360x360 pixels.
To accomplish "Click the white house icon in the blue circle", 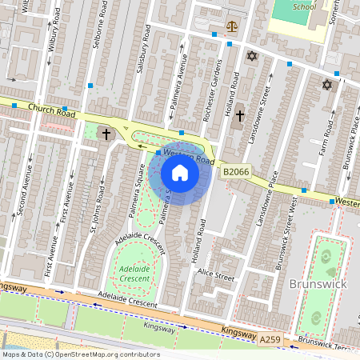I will (180, 173).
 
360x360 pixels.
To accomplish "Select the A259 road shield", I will (270, 341).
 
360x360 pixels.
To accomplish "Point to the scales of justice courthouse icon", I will (232, 26).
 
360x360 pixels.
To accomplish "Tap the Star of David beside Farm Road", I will (326, 85).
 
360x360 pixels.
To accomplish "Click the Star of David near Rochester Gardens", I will (253, 56).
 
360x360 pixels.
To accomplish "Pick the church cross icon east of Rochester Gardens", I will (239, 116).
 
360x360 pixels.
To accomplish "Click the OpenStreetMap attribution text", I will (81, 354).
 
